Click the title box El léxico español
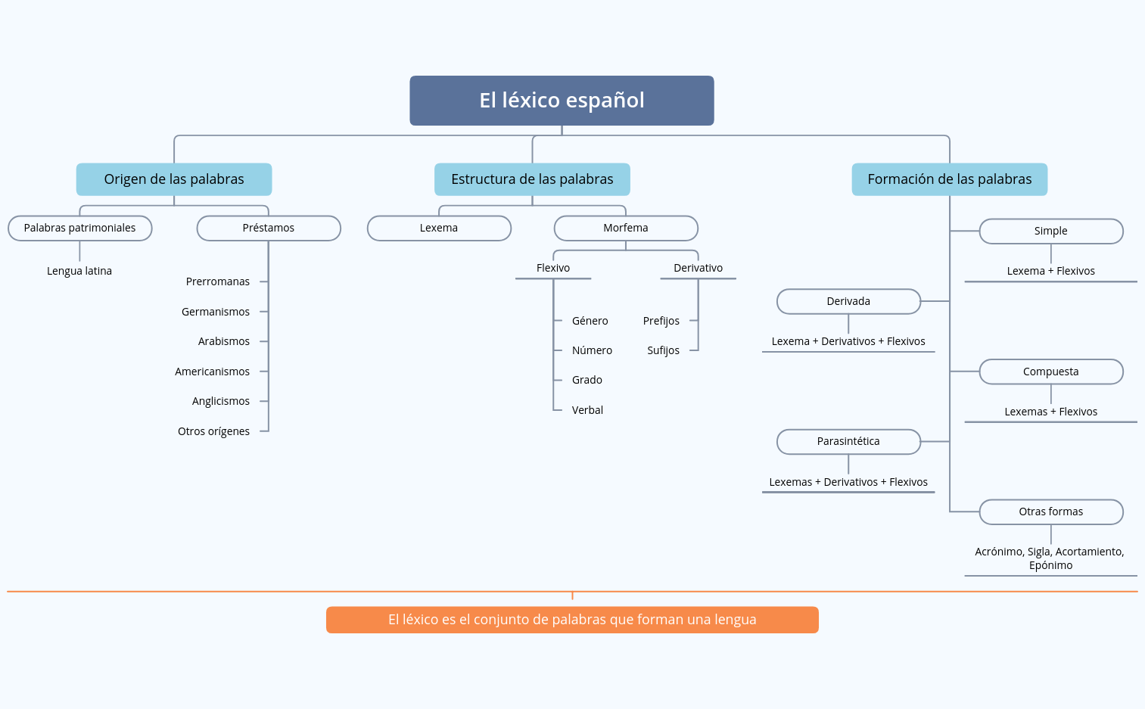pyautogui.click(x=562, y=100)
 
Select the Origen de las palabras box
pyautogui.click(x=174, y=179)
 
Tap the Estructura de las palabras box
pyautogui.click(x=532, y=179)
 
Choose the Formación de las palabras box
pyautogui.click(x=949, y=179)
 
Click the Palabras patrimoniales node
pyautogui.click(x=79, y=228)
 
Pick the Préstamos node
pyautogui.click(x=269, y=228)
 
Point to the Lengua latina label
pyautogui.click(x=79, y=271)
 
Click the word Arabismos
pyautogui.click(x=223, y=341)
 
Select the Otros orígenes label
pyautogui.click(x=213, y=431)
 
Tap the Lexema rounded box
pyautogui.click(x=439, y=228)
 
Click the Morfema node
pyautogui.click(x=626, y=228)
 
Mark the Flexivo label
pyautogui.click(x=553, y=268)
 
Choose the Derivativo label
pyautogui.click(x=698, y=268)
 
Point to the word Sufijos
pyautogui.click(x=663, y=350)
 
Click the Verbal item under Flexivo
pyautogui.click(x=587, y=410)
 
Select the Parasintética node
pyautogui.click(x=848, y=441)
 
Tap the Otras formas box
pyautogui.click(x=1050, y=512)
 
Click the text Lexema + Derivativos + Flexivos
pyautogui.click(x=848, y=341)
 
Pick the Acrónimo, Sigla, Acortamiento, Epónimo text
pyautogui.click(x=1050, y=558)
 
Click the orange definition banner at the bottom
pyautogui.click(x=572, y=620)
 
